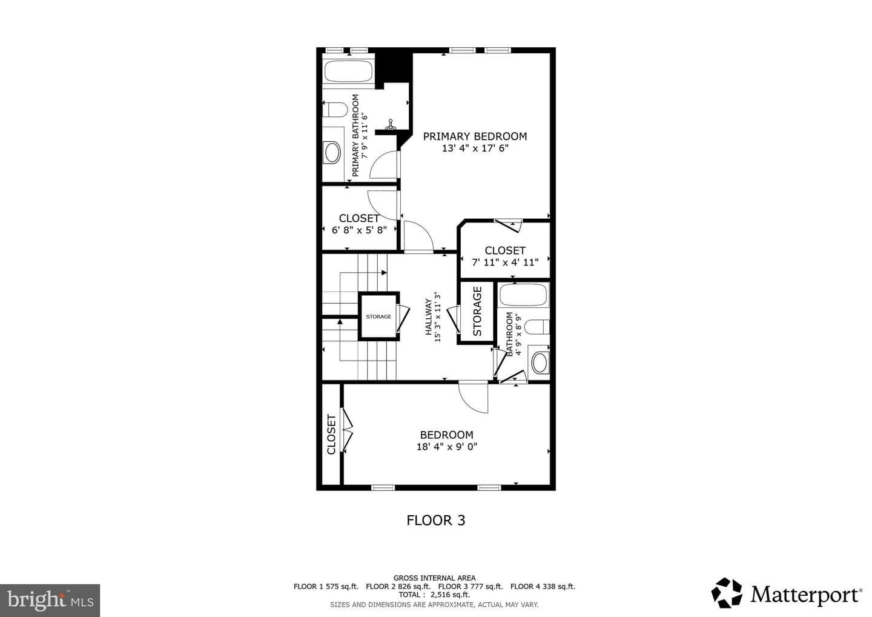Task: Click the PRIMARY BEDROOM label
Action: (475, 136)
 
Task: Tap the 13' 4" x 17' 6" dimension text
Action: (475, 148)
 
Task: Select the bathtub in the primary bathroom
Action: (348, 71)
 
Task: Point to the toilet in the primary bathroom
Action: (335, 110)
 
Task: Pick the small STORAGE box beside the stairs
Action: (379, 316)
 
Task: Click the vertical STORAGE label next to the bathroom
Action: (477, 311)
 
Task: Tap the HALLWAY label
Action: (428, 316)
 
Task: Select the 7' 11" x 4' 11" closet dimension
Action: (505, 262)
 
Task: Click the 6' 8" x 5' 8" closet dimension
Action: (359, 230)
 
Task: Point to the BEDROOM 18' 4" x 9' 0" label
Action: (447, 441)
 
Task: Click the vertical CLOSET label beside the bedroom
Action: (331, 435)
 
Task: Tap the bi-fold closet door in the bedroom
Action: (347, 430)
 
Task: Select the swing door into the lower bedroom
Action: (473, 397)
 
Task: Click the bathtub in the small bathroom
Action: (524, 295)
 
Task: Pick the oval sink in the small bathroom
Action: (540, 362)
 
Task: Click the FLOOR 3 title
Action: (435, 521)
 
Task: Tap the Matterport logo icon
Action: (727, 593)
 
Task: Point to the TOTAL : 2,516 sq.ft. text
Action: (434, 595)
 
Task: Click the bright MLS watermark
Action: (50, 600)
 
